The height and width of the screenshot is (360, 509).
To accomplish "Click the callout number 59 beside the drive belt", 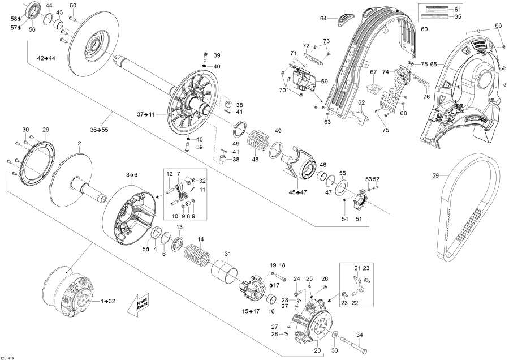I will (x=435, y=175).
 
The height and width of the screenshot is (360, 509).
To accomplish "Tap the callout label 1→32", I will (x=107, y=301).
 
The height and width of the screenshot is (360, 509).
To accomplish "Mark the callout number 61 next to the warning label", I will (x=458, y=10).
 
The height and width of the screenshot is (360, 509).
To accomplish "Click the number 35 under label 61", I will (x=458, y=17).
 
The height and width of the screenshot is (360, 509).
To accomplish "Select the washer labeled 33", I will (x=336, y=333).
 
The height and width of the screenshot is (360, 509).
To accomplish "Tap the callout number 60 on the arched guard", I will (x=424, y=29).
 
